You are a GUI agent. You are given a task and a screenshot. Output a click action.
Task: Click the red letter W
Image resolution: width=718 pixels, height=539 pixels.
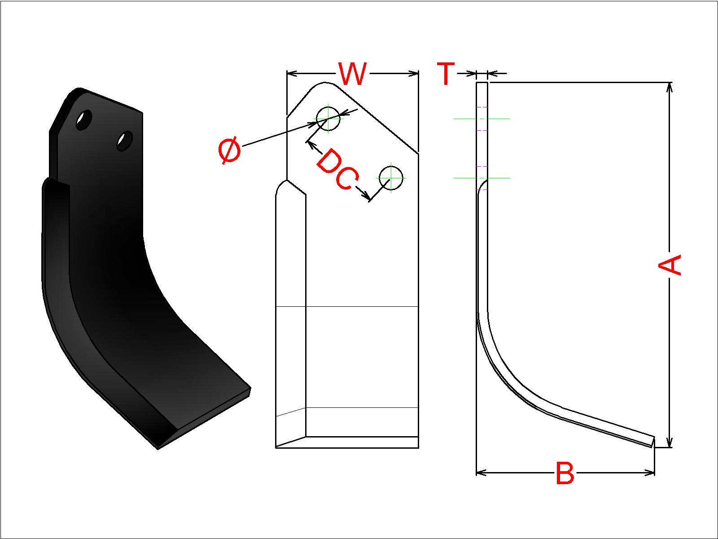pos(352,74)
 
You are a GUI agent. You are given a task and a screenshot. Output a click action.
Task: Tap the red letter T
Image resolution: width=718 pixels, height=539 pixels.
pos(446,74)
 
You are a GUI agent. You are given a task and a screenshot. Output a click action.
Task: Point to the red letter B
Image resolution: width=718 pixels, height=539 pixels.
pos(565,473)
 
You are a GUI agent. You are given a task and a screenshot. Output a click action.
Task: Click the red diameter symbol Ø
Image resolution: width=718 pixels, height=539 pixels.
pos(229,150)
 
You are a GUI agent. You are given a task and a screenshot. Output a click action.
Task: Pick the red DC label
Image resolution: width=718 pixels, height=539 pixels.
pos(337,169)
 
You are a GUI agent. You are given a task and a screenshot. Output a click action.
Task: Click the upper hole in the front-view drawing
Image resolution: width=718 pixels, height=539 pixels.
pos(328,119)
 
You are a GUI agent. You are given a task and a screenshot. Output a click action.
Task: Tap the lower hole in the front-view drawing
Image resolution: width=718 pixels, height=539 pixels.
pos(390,178)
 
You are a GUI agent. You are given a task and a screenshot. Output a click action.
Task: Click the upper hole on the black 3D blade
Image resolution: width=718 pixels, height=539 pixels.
pos(84,120)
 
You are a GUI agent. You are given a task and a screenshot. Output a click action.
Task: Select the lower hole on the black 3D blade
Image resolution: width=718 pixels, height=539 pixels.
pos(125,141)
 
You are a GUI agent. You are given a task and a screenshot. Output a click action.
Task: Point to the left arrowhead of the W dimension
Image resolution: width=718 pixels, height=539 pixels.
pos(292,74)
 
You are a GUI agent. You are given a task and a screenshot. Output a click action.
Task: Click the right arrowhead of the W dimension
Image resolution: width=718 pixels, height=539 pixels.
pos(413,74)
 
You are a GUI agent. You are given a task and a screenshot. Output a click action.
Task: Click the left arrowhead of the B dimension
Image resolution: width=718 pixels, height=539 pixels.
pos(482,473)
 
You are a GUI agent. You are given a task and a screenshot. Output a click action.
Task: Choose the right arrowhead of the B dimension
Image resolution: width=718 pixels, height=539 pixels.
pos(649,473)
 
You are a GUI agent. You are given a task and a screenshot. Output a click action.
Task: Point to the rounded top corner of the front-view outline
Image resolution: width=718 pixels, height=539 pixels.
pos(324,83)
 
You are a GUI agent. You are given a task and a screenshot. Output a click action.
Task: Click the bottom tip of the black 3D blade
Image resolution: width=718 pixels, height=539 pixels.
pos(158,449)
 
